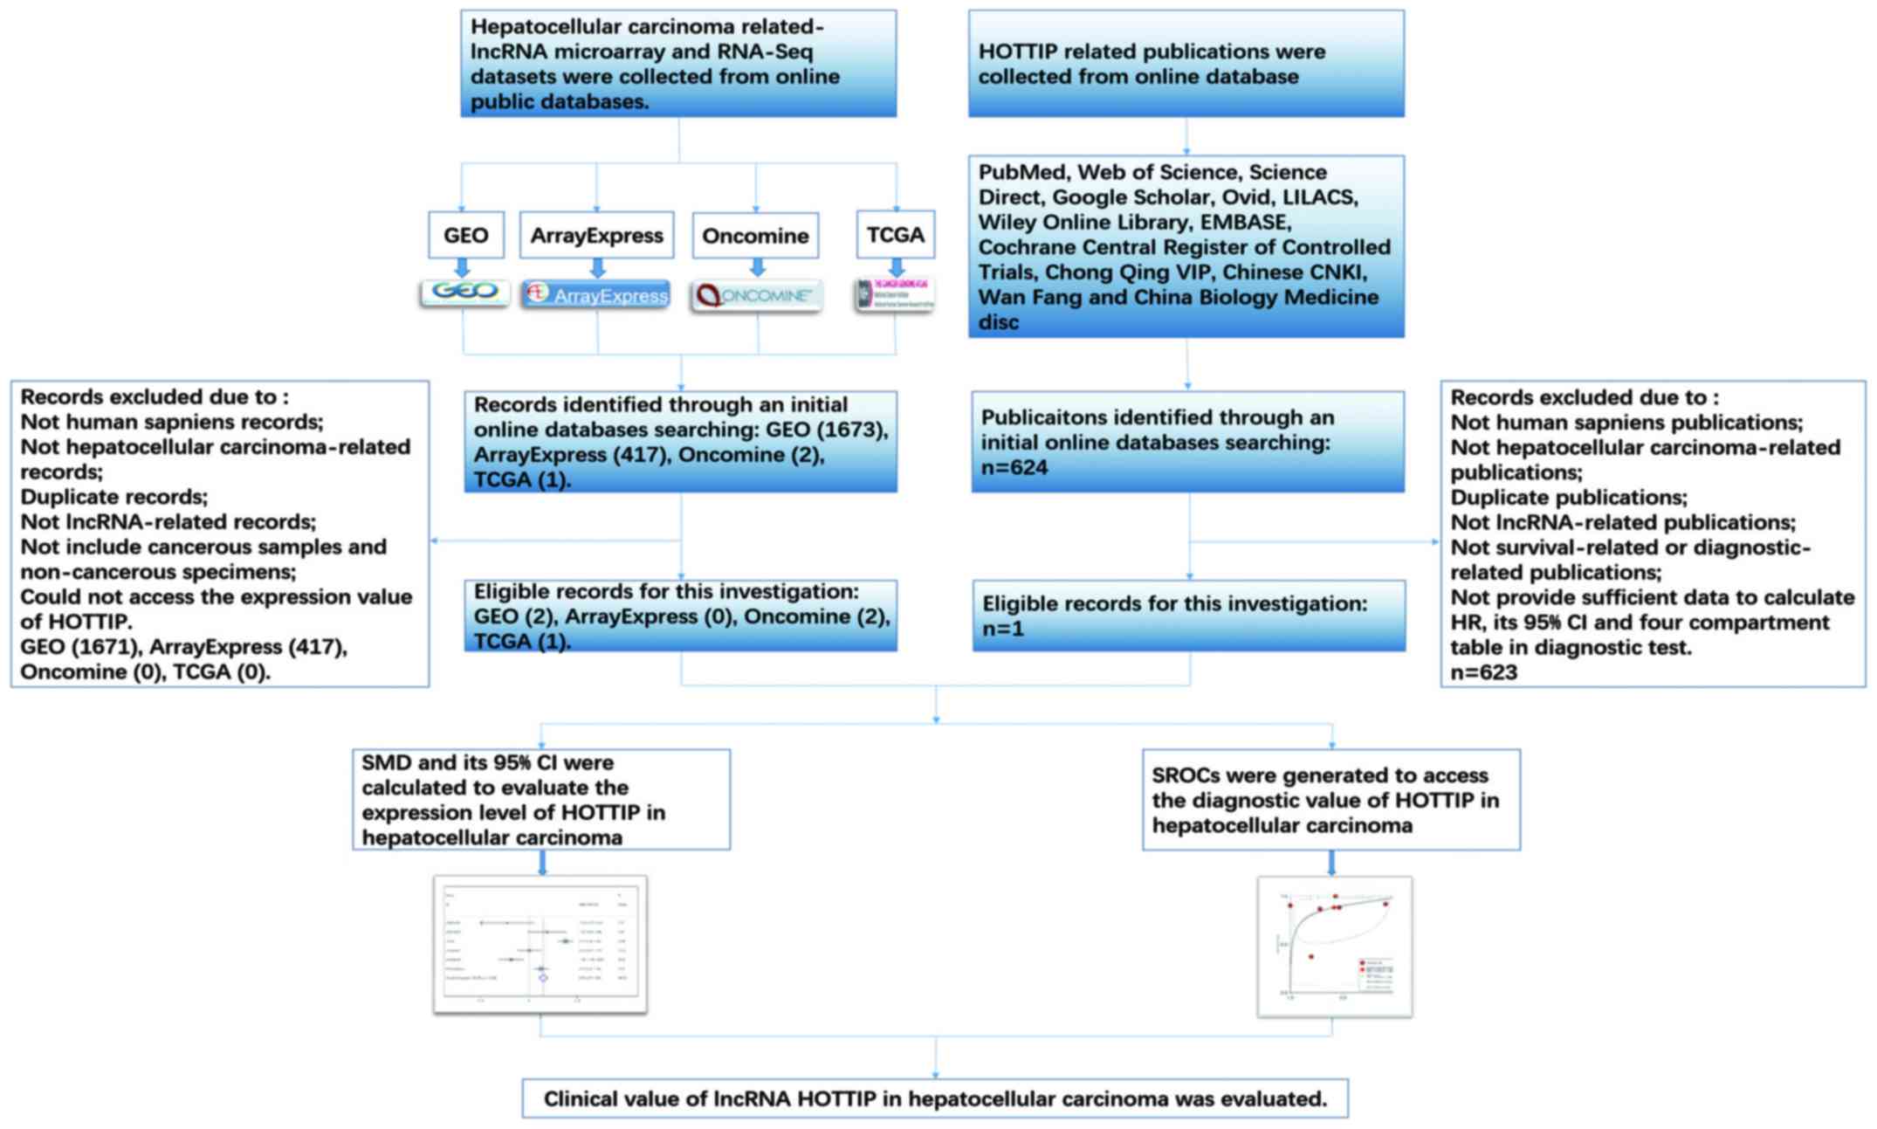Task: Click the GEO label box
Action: [465, 235]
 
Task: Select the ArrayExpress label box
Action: [596, 235]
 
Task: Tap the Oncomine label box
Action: [755, 236]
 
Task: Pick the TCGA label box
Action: [895, 234]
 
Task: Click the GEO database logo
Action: [464, 292]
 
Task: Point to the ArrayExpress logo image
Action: [596, 294]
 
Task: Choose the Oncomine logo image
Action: [756, 295]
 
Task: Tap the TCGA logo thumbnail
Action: [895, 295]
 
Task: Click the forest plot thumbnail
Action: [540, 945]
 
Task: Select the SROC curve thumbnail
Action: [1334, 947]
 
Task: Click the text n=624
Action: [1014, 468]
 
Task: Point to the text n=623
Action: [1483, 672]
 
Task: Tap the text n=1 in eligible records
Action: [1002, 629]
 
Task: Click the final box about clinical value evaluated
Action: [935, 1098]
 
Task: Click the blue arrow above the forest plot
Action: [542, 863]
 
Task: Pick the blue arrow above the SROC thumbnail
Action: [1331, 863]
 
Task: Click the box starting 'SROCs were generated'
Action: [1330, 800]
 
